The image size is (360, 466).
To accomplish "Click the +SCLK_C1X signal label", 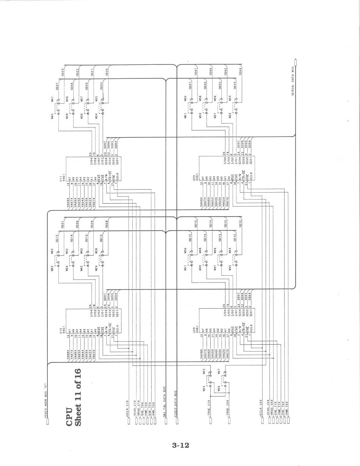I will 127,409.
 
